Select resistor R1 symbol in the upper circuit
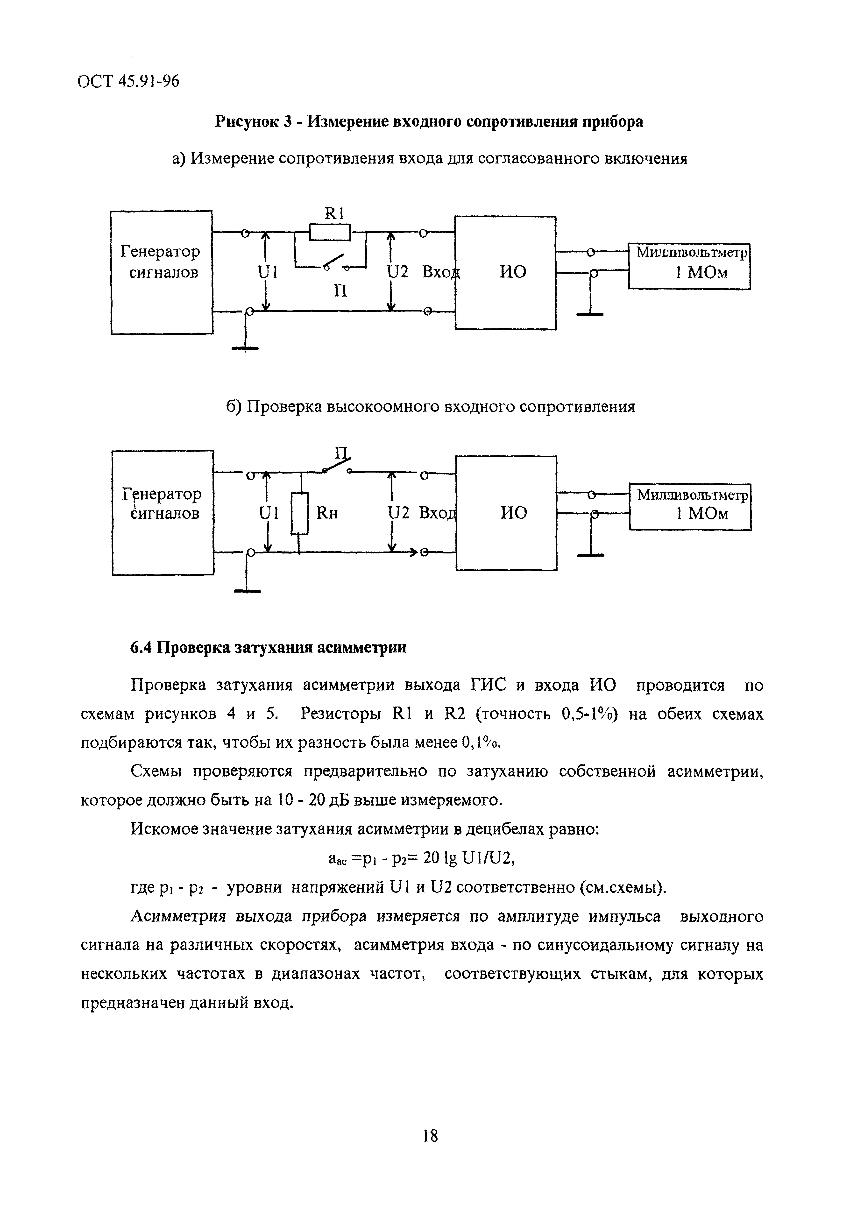point(330,233)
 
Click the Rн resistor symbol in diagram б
point(299,513)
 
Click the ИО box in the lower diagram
point(506,513)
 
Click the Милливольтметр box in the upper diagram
point(689,266)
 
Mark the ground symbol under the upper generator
point(245,348)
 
